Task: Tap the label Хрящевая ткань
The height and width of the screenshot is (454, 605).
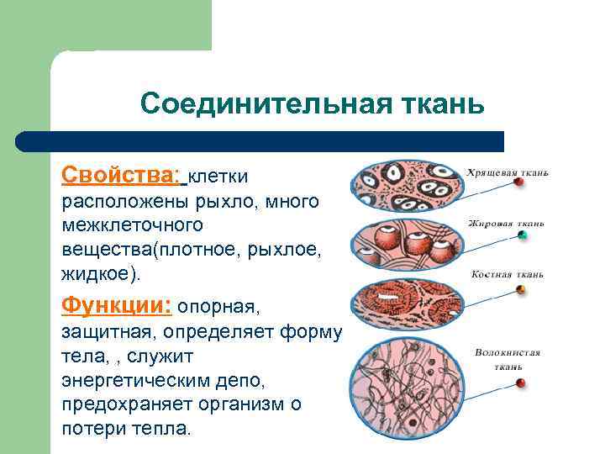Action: coord(508,172)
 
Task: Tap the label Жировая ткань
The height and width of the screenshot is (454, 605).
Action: coord(507,224)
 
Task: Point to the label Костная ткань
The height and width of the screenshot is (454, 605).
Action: coord(507,274)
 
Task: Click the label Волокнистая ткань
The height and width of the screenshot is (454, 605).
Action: coord(507,360)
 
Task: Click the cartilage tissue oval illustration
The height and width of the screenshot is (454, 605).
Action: coord(405,189)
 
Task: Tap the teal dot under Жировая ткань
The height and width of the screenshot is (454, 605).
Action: coord(522,235)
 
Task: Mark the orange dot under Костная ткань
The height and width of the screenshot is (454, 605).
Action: coord(521,290)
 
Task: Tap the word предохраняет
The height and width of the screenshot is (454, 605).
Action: coord(127,404)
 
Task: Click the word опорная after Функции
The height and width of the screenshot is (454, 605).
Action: coord(220,305)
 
